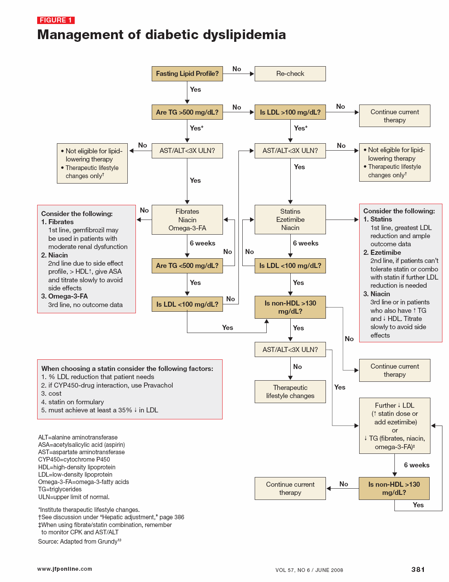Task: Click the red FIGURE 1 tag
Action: (56, 20)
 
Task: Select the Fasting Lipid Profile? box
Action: (187, 74)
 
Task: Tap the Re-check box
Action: (290, 74)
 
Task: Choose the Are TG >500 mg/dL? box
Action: (187, 112)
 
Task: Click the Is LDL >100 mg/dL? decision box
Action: (290, 112)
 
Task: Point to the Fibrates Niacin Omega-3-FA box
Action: (187, 220)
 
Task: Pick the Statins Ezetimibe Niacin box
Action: (290, 220)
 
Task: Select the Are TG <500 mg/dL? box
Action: (187, 266)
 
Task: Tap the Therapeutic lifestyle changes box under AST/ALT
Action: (290, 391)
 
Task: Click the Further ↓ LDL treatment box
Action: (394, 426)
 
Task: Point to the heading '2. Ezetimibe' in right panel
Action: (382, 252)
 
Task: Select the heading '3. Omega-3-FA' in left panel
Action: (64, 296)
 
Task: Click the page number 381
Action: (418, 569)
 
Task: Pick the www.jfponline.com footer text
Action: (65, 569)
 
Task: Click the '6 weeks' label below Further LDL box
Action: (416, 465)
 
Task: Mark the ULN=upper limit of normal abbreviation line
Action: (74, 497)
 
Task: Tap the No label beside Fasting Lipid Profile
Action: (236, 69)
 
